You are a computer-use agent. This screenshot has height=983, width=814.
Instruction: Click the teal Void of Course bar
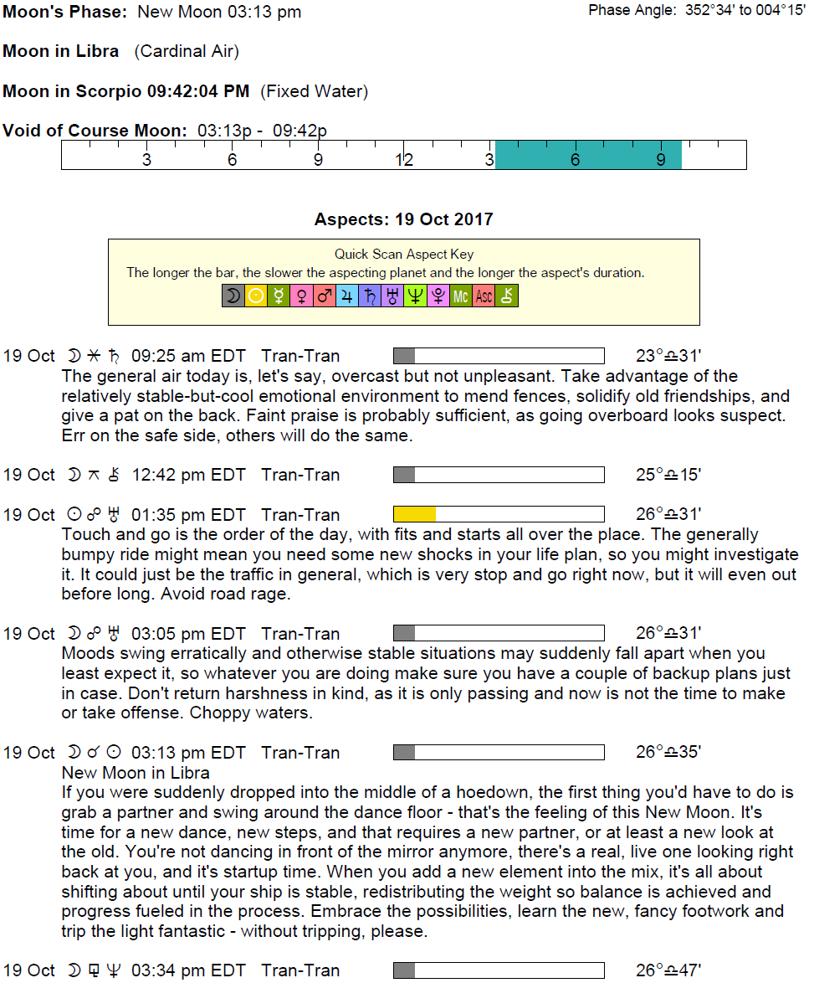pos(588,155)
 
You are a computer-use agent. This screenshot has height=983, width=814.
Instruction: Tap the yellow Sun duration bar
pos(415,514)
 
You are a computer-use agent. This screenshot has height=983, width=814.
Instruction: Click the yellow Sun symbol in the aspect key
pos(255,296)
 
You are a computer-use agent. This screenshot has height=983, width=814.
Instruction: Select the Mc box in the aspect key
pos(461,296)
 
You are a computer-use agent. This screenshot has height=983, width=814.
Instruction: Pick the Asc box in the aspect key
pos(484,296)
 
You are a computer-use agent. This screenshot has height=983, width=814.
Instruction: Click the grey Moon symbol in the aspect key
pos(233,296)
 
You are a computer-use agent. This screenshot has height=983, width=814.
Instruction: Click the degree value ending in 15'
pos(668,475)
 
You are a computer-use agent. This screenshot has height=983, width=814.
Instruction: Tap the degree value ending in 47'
pos(668,970)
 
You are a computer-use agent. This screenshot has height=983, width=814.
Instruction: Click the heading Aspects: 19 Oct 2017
pos(403,219)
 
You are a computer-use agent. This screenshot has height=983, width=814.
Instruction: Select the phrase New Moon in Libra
pos(136,772)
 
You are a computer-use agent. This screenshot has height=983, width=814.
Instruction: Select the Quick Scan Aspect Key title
pos(404,254)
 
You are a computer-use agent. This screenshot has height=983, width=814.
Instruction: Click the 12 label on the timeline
pos(404,160)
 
